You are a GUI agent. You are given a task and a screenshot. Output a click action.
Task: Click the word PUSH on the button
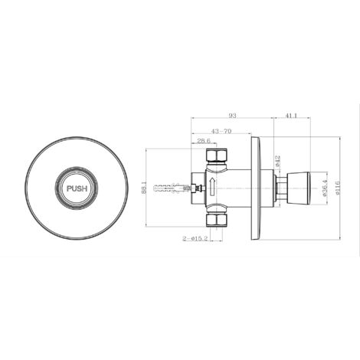pos(77,186)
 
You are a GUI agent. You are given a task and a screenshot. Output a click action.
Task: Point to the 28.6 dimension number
pos(205,141)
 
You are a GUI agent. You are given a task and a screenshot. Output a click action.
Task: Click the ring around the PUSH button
pos(77,170)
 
